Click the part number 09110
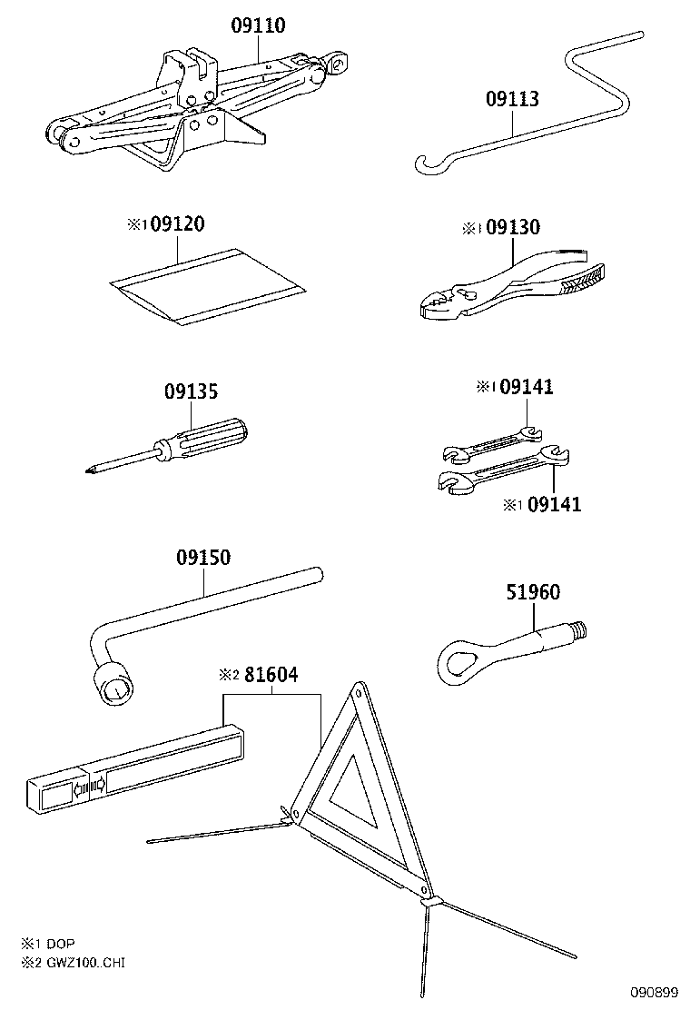[258, 26]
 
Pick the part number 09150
[203, 557]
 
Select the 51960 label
[533, 592]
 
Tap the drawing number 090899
[650, 992]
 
